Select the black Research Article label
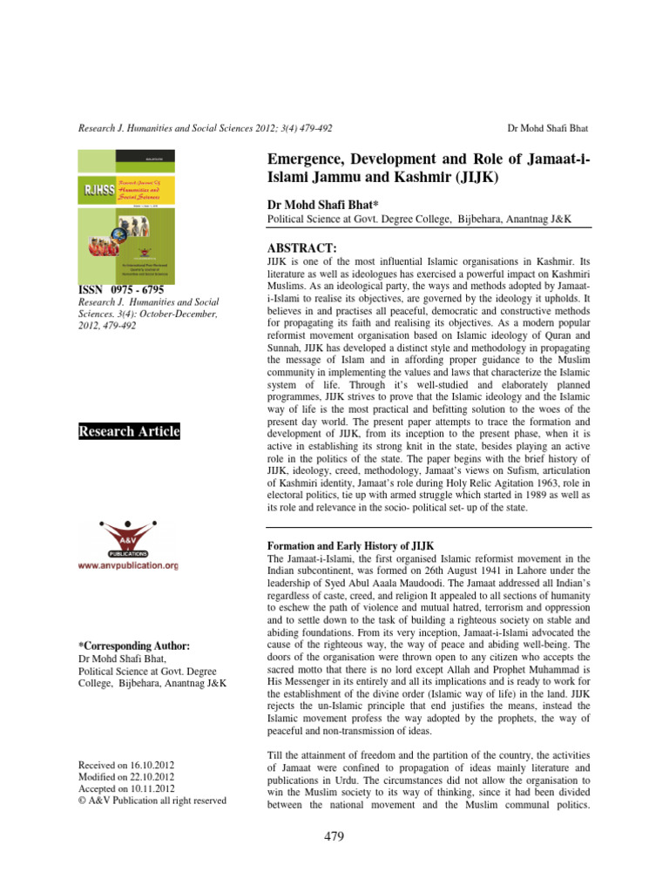pos(129,431)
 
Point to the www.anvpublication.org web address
pos(128,565)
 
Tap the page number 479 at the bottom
pos(334,837)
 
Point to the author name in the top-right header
pos(547,128)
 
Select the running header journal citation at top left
pos(205,128)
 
